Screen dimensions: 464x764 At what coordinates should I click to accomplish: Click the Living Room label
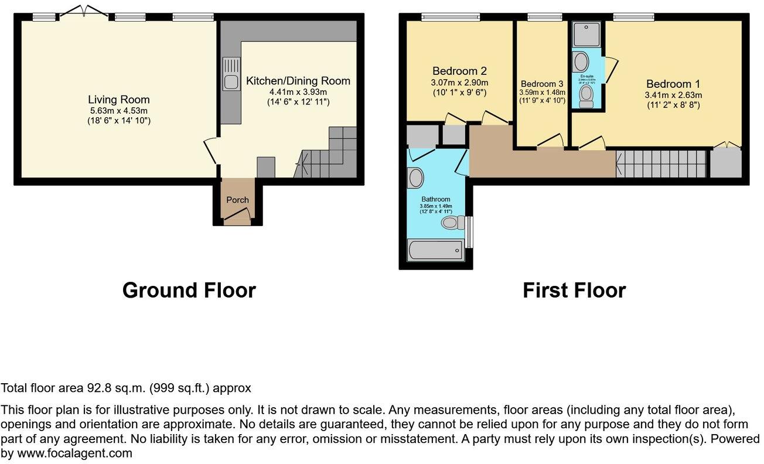click(119, 100)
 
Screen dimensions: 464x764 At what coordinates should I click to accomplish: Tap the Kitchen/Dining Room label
click(298, 81)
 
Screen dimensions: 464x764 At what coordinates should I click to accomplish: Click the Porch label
click(237, 200)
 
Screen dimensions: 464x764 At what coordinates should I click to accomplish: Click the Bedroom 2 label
click(460, 71)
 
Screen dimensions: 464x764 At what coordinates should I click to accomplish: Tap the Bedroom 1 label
click(673, 84)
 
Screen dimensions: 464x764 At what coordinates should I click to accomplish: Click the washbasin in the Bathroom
click(416, 177)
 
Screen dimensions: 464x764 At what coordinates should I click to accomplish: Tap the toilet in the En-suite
click(586, 97)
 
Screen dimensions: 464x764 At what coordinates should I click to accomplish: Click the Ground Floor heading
click(189, 290)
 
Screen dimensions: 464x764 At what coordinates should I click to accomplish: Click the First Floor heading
click(574, 290)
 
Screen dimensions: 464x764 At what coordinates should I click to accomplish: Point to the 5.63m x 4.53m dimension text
click(119, 111)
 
